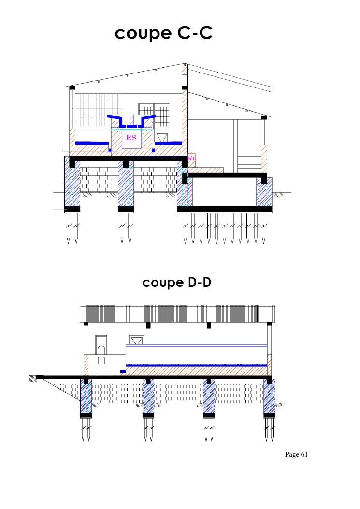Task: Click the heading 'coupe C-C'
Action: [x=164, y=33]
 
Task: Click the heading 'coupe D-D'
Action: [x=176, y=282]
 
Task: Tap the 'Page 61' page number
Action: [x=296, y=454]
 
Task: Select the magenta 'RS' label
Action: [x=131, y=137]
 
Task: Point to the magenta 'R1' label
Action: [x=192, y=159]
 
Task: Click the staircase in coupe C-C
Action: [x=249, y=164]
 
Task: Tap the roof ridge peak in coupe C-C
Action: [x=184, y=64]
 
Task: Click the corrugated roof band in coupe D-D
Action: [x=177, y=314]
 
